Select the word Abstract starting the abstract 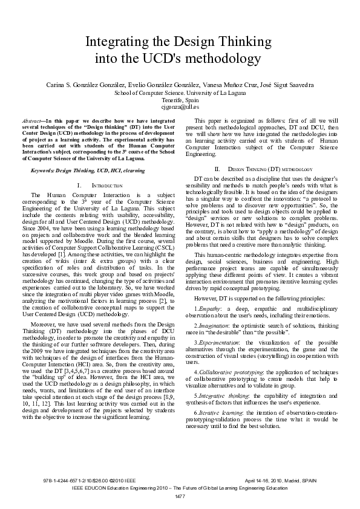(x=31, y=120)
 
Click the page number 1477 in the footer (x=180, y=496)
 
